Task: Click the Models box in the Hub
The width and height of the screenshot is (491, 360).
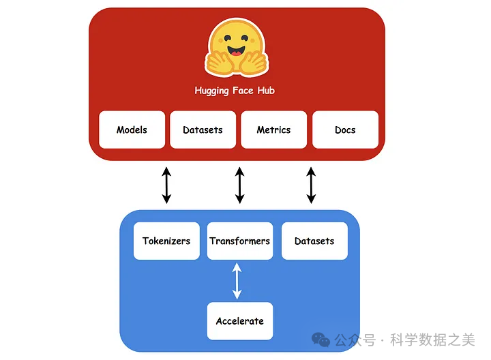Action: pos(132,130)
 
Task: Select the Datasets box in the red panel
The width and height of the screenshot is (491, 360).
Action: pos(203,130)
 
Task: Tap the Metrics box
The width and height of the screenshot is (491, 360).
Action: pos(273,130)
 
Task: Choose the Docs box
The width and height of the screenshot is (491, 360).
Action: pos(345,130)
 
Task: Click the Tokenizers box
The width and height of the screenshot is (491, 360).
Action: pos(166,241)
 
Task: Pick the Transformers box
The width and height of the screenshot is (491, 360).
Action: pos(239,241)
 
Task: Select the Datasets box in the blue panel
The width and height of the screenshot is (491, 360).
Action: pos(314,241)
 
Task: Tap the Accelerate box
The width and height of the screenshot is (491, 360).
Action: pos(239,321)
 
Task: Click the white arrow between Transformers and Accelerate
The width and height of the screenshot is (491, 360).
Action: pos(237,281)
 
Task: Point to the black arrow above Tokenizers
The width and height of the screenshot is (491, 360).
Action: pos(166,185)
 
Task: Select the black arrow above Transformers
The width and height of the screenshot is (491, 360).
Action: pos(239,185)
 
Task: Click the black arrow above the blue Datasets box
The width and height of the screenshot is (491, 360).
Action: pos(312,185)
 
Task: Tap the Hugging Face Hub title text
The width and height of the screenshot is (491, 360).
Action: pos(235,91)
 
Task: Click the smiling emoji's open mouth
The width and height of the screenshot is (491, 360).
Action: pos(236,51)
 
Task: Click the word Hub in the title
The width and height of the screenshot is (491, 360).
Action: pos(266,91)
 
